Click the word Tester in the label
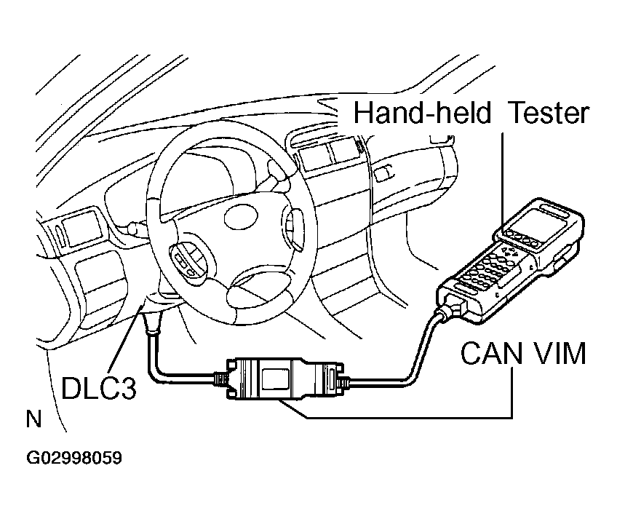pyautogui.click(x=547, y=114)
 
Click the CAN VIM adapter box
pyautogui.click(x=279, y=379)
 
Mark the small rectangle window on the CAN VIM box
pyautogui.click(x=274, y=379)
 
